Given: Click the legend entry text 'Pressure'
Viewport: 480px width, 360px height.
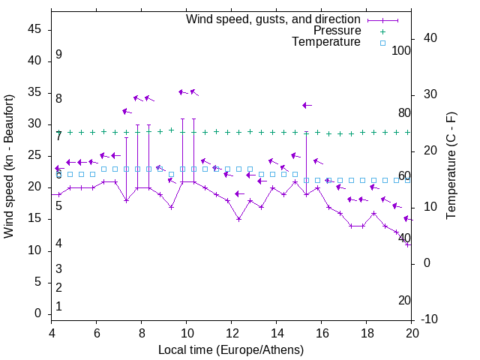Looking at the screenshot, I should coord(337,31).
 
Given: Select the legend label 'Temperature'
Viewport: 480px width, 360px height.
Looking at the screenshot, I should coord(326,42).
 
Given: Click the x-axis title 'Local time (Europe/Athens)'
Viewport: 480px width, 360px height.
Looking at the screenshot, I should coord(231,350).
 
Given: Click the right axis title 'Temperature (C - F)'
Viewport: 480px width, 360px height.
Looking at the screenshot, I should coord(451,166).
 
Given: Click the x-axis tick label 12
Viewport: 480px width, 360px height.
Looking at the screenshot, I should coord(232,334).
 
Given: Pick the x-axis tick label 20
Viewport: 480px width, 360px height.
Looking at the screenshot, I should coord(412,334).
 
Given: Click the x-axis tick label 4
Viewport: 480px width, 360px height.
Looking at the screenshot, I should coord(52,334).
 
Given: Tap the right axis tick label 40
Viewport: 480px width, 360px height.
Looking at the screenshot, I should coord(430,38).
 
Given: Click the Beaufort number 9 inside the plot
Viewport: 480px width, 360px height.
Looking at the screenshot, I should coord(58,55).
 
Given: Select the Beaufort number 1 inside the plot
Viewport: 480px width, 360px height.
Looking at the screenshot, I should coord(58,307).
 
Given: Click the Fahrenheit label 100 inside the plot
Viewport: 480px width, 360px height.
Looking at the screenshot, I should coord(402,51).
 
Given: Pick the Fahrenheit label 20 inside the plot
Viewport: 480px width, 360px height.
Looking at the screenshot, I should coord(404,300).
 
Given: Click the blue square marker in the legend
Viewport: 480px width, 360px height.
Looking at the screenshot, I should coord(382,43).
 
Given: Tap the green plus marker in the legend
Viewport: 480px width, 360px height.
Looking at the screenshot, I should coord(382,31).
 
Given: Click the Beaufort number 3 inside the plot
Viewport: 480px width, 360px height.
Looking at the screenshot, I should coord(58,269).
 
